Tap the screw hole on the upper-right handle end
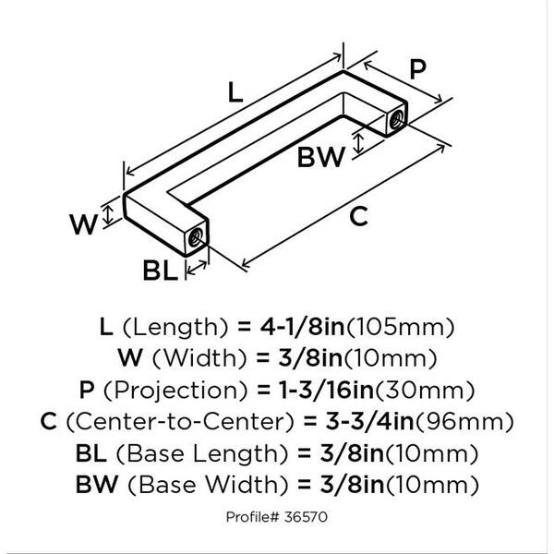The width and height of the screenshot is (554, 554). (395, 119)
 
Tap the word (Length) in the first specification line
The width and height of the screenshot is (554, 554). (175, 328)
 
